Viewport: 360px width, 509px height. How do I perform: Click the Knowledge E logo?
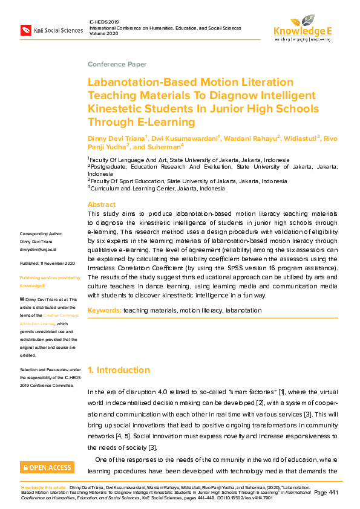[303, 27]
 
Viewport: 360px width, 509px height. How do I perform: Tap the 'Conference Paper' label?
[117, 64]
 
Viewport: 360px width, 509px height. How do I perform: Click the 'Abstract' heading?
[102, 204]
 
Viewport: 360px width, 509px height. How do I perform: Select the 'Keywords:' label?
[104, 310]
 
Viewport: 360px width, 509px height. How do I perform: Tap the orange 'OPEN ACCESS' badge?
[47, 467]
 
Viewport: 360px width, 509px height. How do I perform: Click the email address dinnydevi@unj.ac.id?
[38, 249]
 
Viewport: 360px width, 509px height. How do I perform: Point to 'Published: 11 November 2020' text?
[47, 264]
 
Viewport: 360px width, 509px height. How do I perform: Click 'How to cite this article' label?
[44, 486]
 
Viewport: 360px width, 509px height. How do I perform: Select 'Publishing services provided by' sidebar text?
[50, 277]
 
